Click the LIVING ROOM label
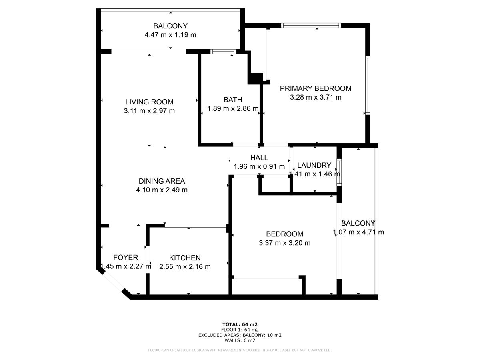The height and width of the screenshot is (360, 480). tap(149, 102)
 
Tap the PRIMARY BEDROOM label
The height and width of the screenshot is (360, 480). tap(315, 88)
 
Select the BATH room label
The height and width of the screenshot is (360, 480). tap(232, 100)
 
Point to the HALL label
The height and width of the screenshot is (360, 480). tap(259, 158)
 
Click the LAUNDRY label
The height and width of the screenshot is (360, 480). tap(314, 165)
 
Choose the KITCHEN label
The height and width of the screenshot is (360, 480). tap(184, 258)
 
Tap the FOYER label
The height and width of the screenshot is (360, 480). tap(126, 258)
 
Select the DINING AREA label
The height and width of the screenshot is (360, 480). tap(162, 181)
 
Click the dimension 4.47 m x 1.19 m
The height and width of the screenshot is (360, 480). tap(170, 35)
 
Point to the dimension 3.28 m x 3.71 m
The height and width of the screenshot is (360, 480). tap(315, 97)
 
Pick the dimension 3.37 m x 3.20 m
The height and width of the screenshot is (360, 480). tap(284, 243)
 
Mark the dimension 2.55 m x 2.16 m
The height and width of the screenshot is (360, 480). tap(184, 267)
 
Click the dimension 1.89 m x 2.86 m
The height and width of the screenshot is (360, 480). tap(232, 108)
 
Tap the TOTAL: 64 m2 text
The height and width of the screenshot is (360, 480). tap(240, 324)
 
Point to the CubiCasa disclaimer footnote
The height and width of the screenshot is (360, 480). tap(240, 350)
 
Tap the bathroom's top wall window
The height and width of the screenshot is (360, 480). tap(223, 51)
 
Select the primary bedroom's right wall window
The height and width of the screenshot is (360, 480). tap(368, 86)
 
